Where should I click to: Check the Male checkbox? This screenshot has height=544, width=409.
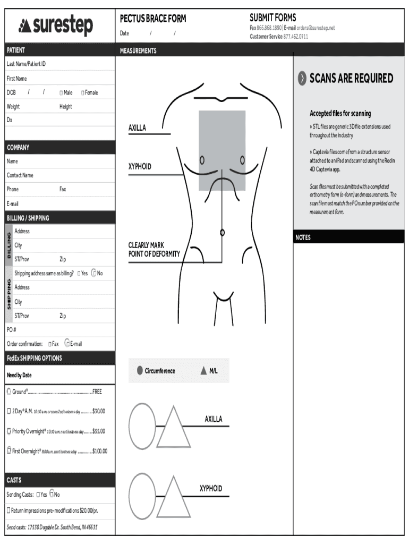62,93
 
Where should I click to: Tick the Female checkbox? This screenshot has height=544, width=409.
83,93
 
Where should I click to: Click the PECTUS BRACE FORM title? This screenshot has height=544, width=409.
153,19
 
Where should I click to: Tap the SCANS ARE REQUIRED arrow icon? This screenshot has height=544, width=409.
302,78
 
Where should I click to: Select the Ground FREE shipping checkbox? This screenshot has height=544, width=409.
9,392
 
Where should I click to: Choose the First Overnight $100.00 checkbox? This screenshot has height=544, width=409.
9,451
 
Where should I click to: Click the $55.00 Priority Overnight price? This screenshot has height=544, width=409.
98,431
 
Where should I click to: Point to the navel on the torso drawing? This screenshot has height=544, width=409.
222,232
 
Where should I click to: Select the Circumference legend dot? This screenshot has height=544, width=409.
139,371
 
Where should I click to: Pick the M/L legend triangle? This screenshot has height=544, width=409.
203,371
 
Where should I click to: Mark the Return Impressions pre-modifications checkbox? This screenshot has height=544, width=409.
9,511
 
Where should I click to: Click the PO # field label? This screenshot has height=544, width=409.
12,330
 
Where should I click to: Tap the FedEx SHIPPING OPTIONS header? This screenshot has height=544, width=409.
34,358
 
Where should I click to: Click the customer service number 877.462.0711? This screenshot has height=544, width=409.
295,37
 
